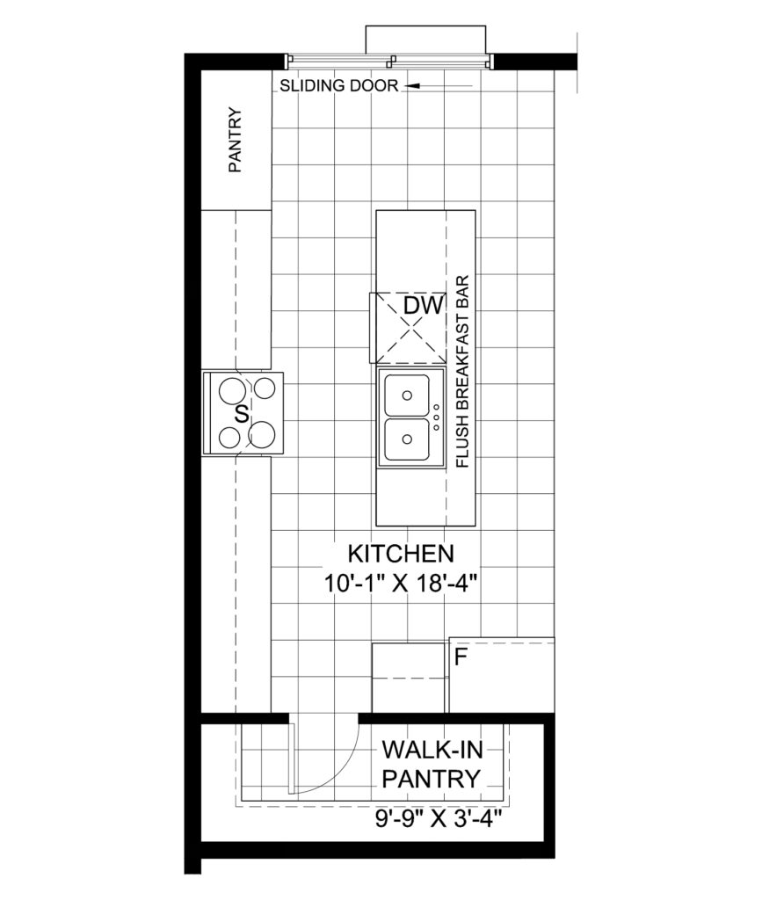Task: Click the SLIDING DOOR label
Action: point(338,85)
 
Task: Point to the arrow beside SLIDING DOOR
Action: point(439,86)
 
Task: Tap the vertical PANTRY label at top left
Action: point(236,140)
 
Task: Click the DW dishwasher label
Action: point(424,306)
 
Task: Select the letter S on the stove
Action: point(243,413)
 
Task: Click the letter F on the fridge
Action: point(460,657)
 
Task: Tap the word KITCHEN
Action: point(401,554)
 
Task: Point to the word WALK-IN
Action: point(432,750)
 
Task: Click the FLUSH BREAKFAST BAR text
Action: point(462,372)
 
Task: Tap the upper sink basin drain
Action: point(407,396)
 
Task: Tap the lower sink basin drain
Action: point(407,439)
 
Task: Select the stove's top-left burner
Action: point(232,391)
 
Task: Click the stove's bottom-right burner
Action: point(263,434)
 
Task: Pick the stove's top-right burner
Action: point(265,388)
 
